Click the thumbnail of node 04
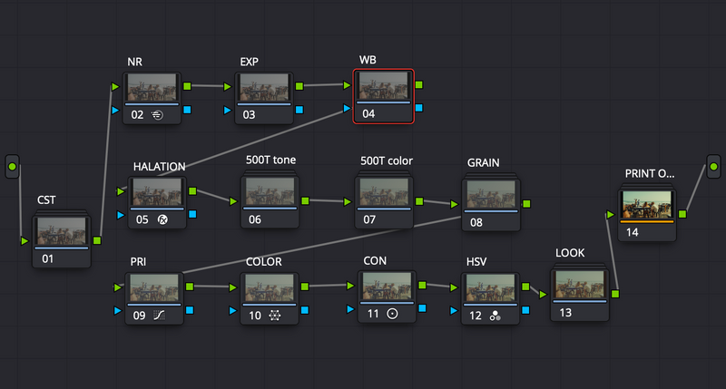(x=384, y=86)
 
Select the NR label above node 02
(x=134, y=62)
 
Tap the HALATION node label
(x=160, y=167)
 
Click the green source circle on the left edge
(x=13, y=167)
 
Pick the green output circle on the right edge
(x=713, y=167)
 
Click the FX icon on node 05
(x=162, y=219)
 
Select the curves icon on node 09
(x=159, y=316)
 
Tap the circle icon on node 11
(x=392, y=314)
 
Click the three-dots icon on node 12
(x=495, y=316)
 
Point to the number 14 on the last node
(x=632, y=232)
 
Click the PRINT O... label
(x=650, y=173)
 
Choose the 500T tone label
(x=270, y=160)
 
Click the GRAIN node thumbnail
(x=491, y=194)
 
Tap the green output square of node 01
(x=97, y=240)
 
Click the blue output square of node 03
(x=299, y=110)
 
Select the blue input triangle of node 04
(x=347, y=108)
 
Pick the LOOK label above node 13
(x=570, y=253)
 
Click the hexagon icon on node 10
(x=275, y=316)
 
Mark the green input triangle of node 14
(x=610, y=215)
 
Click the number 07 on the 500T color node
(x=369, y=219)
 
